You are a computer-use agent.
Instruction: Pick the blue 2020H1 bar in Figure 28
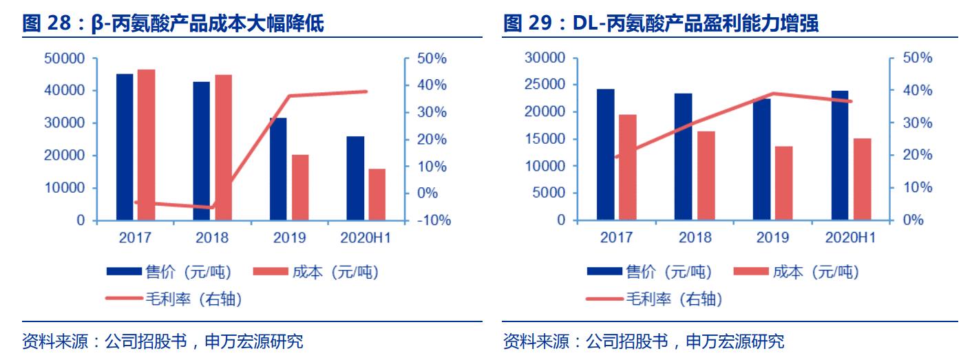coord(355,178)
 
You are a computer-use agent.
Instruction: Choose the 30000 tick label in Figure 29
coord(545,59)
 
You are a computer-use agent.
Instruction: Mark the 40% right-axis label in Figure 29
coord(918,90)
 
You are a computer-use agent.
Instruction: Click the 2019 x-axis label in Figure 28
coord(289,238)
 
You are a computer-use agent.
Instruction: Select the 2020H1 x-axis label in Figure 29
coord(849,238)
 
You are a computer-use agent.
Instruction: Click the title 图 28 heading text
coord(173,25)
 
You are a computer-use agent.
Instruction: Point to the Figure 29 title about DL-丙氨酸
coord(661,25)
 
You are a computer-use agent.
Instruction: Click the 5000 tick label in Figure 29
coord(549,193)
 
